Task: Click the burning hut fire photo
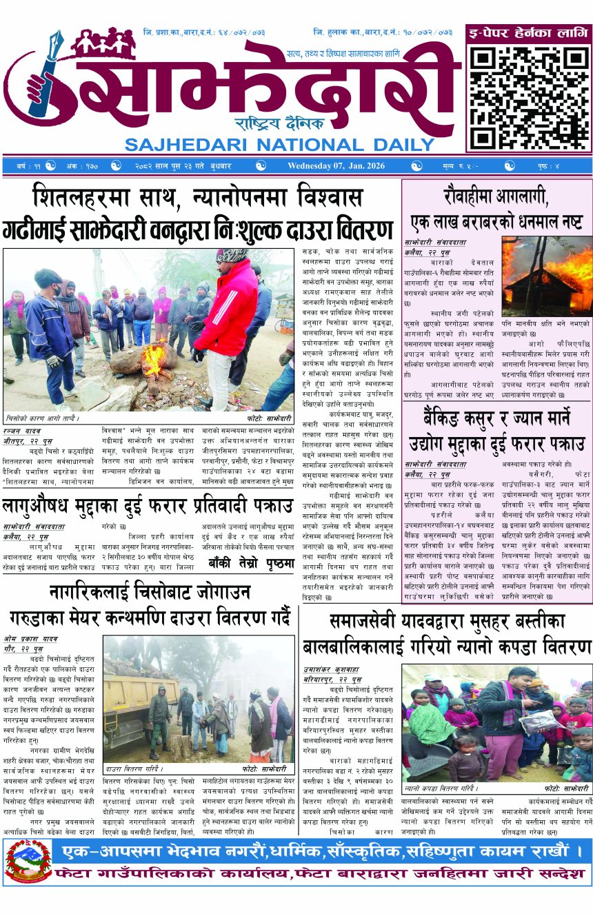[547, 276]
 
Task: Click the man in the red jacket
[228, 324]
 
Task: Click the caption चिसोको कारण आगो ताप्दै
[43, 418]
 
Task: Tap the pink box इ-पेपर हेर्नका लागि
[528, 32]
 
